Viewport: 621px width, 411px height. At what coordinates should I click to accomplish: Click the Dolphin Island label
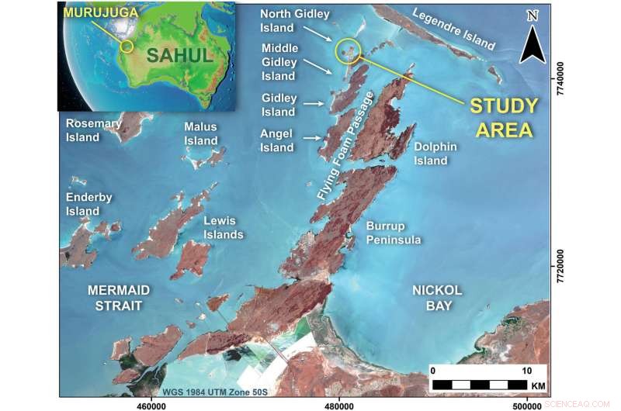(431, 154)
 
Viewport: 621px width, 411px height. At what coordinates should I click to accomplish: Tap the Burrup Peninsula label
(394, 233)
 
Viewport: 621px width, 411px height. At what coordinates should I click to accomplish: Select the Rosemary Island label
(93, 130)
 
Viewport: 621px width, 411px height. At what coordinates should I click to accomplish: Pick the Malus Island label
(201, 134)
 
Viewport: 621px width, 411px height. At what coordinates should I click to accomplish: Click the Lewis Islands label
(224, 227)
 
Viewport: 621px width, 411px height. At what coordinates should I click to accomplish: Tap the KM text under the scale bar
(538, 385)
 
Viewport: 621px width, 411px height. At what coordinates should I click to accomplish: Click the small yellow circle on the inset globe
(127, 46)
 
